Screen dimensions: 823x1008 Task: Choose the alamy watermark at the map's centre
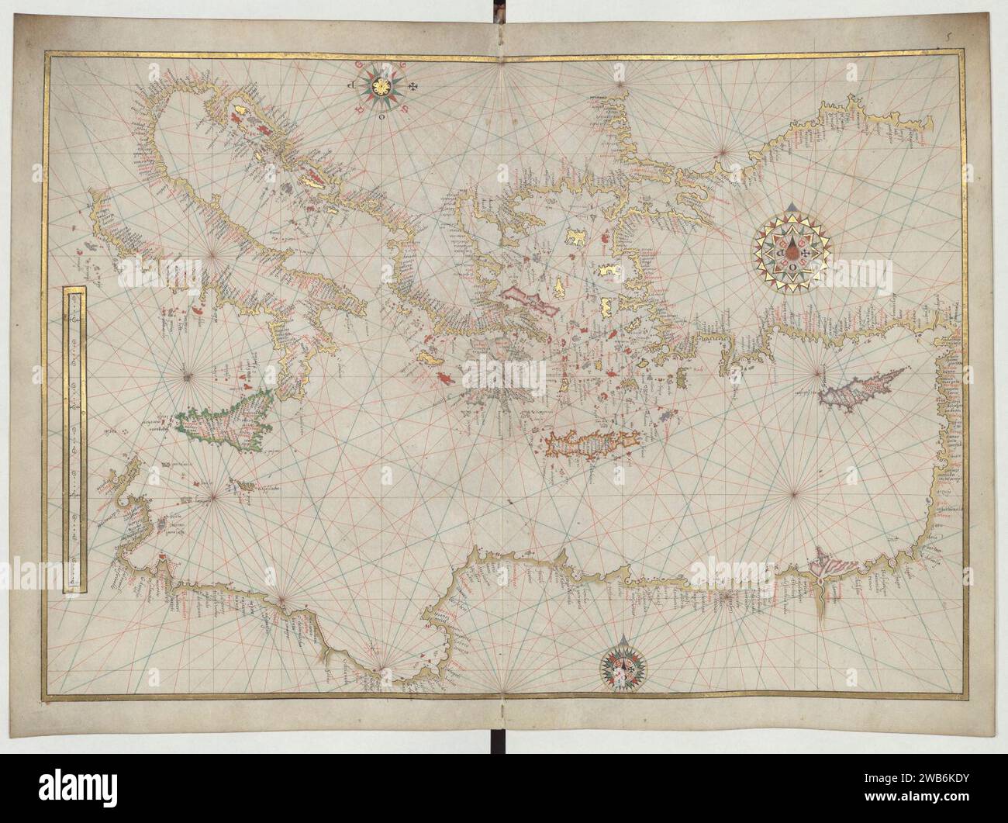pos(504,379)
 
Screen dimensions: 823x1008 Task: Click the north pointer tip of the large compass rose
pos(791,206)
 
